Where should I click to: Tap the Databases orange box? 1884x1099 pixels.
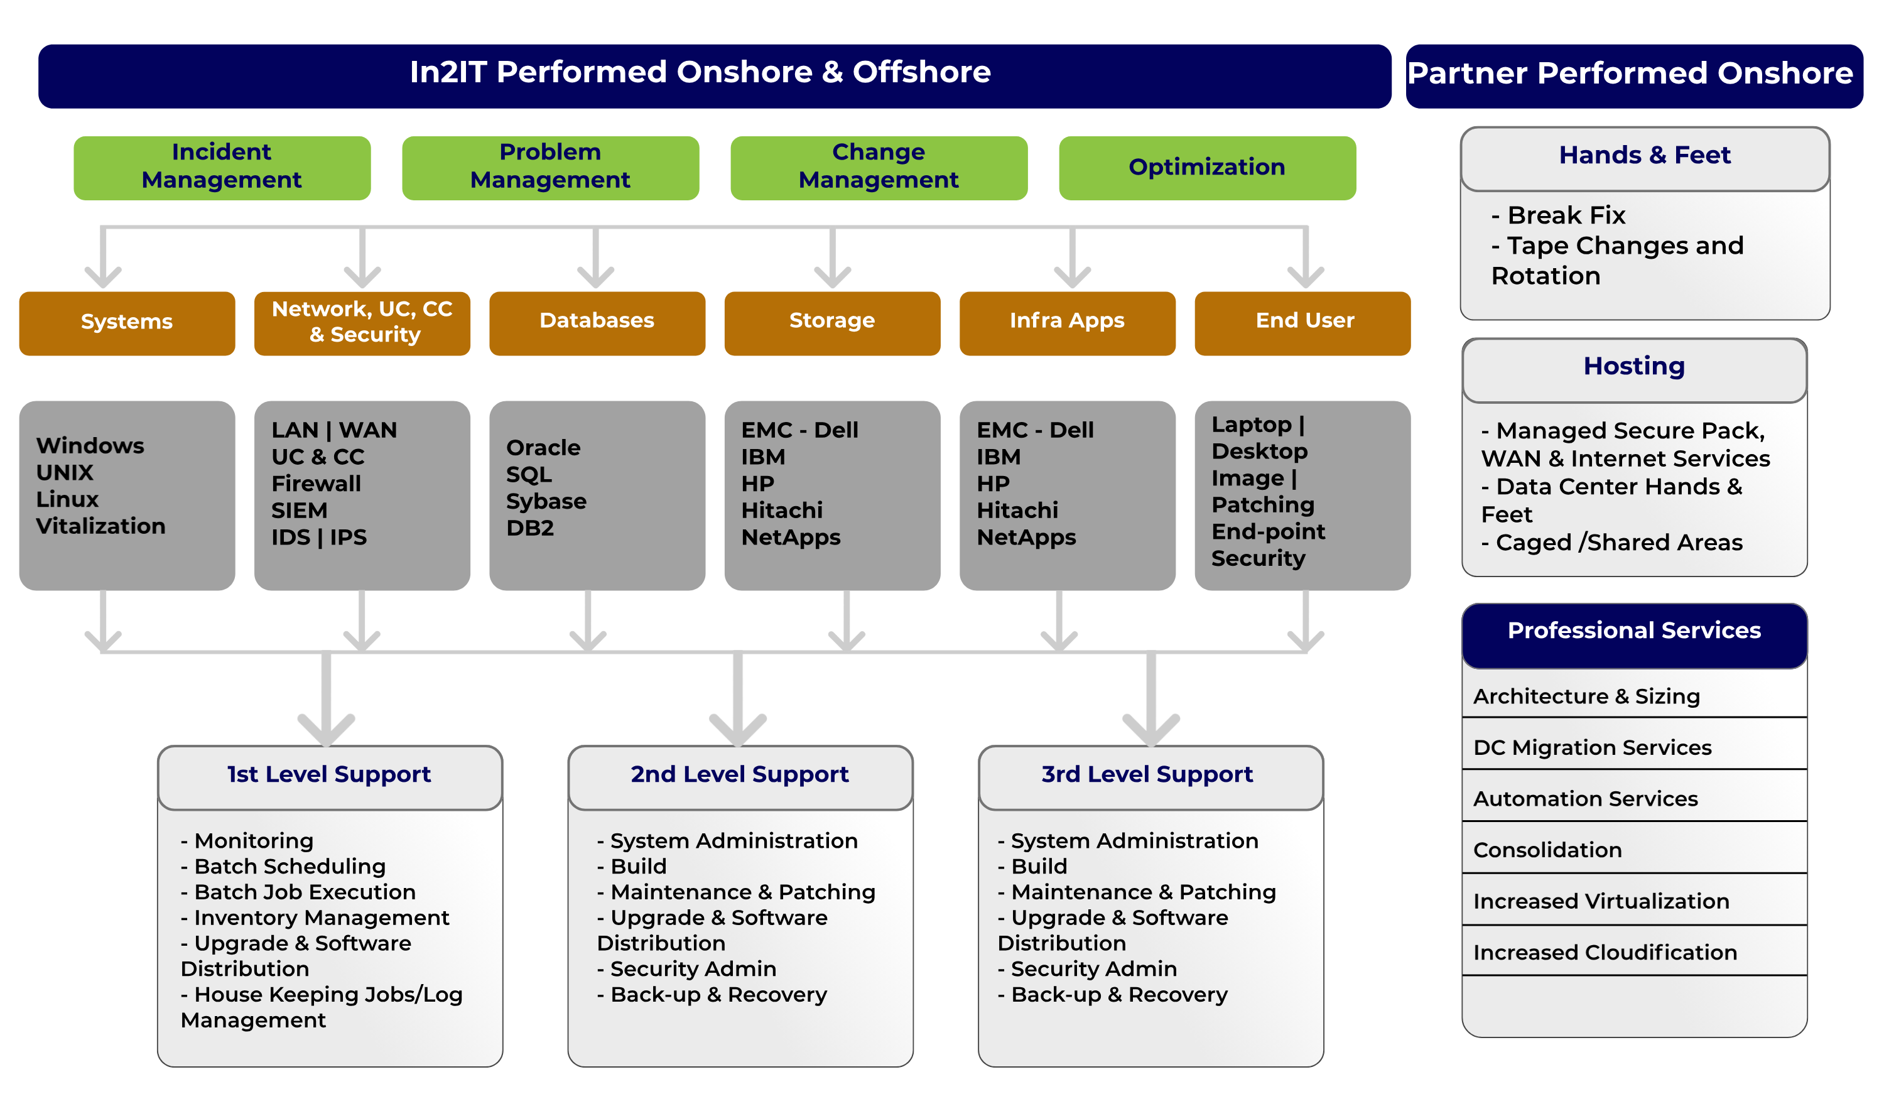click(597, 322)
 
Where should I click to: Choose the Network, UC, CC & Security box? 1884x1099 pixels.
click(362, 322)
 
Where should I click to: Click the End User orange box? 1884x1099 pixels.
click(1304, 322)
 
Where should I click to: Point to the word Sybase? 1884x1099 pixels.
click(546, 501)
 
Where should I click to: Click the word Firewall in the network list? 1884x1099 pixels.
click(317, 484)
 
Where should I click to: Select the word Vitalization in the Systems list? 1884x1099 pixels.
click(101, 526)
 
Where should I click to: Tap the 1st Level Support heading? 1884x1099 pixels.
click(329, 774)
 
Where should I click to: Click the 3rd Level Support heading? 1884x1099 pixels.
click(1147, 774)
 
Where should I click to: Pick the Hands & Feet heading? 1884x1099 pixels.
click(1645, 156)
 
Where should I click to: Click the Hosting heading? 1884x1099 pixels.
click(1634, 366)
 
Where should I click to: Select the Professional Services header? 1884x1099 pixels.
click(1634, 631)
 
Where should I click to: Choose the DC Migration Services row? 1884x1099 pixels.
click(1593, 747)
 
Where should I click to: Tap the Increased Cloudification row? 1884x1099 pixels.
click(1605, 953)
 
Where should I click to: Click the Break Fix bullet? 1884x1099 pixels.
click(1566, 215)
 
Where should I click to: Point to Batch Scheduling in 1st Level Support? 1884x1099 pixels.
click(290, 867)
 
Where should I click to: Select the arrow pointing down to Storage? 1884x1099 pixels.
click(832, 262)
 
